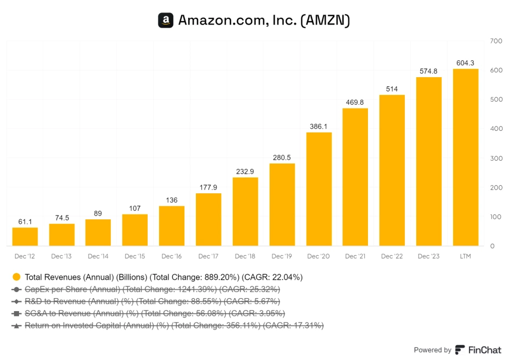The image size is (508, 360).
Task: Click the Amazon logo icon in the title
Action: coord(166,21)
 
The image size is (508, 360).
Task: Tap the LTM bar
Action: coord(466,157)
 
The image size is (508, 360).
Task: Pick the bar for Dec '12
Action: coord(25,237)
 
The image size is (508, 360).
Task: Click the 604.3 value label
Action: coord(466,63)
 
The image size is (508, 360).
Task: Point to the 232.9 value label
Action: coord(245,172)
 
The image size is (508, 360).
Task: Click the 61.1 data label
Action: coord(25,222)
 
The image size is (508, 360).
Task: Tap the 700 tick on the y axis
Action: coord(496,41)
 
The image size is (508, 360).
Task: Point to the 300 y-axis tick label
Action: coord(496,159)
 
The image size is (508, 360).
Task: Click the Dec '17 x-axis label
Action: coord(208,256)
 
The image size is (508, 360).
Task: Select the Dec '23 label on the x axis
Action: coord(429,256)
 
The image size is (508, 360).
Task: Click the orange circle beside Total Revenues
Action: coord(17,277)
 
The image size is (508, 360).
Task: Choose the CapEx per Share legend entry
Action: coord(152,289)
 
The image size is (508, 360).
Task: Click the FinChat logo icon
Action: coord(460,350)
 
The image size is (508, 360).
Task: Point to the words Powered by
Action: coord(433,350)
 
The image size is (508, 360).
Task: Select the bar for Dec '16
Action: coord(172,226)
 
